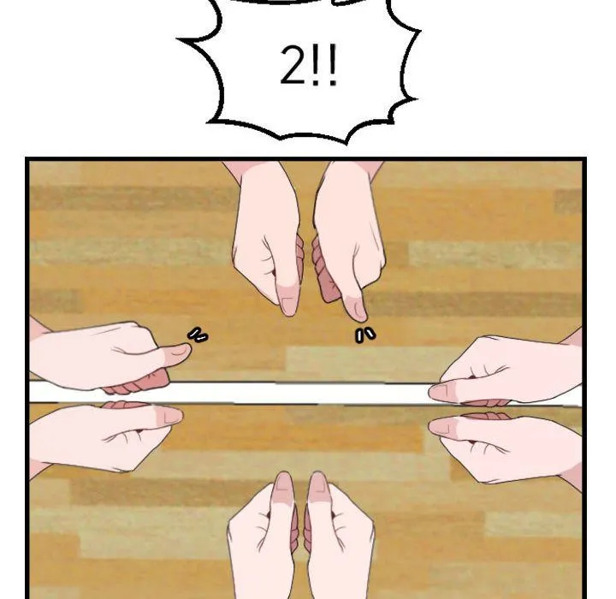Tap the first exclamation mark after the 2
point(316,66)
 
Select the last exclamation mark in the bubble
point(332,66)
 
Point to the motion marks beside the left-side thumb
point(198,335)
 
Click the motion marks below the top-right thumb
point(365,335)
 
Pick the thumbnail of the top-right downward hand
point(357,309)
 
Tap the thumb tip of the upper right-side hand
point(431,391)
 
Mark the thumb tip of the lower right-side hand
point(431,425)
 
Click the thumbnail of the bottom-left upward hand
point(284,484)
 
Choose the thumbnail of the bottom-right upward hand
point(317,484)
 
